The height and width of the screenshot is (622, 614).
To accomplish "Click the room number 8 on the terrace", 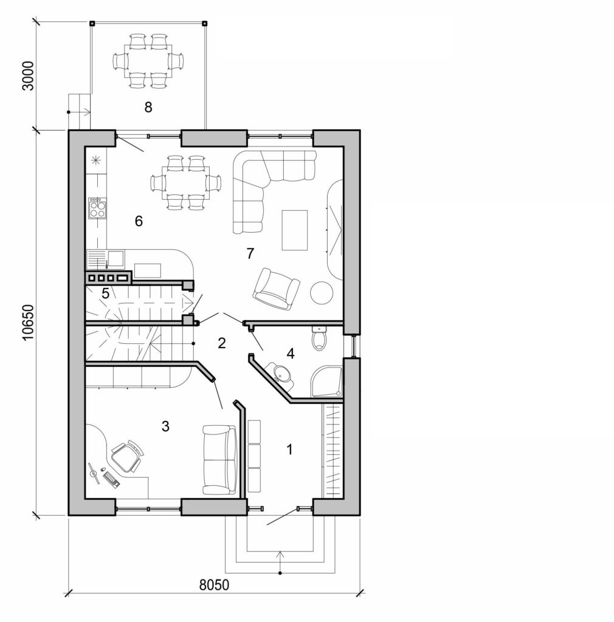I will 148,107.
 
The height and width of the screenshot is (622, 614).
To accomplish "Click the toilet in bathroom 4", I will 319,338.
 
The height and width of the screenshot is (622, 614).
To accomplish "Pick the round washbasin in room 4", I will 281,375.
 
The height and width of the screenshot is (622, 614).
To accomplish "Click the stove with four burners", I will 97,208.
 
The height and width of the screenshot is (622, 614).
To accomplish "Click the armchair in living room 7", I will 276,288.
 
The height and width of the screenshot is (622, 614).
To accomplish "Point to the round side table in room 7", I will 322,293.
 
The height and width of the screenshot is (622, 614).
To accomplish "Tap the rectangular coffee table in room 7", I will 295,230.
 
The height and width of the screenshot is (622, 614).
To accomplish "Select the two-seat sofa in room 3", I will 219,460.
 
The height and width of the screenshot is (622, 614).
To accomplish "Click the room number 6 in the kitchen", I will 139,221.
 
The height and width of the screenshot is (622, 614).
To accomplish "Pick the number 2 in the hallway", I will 221,343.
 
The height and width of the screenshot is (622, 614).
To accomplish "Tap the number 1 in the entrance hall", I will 289,449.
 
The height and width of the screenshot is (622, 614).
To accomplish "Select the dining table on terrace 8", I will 149,61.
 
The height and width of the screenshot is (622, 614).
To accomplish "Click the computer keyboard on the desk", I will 111,480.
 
